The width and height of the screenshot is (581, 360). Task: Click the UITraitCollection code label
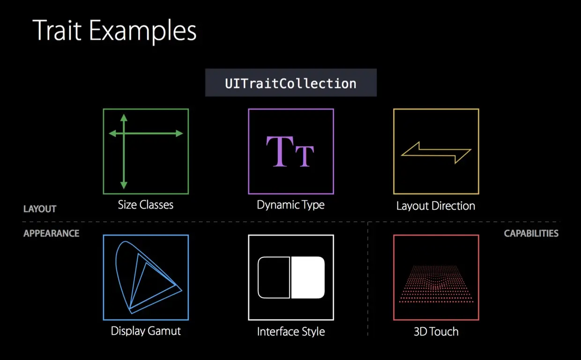tap(291, 83)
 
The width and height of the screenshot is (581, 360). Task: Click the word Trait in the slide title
tap(57, 30)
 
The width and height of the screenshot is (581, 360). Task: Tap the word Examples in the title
tap(142, 32)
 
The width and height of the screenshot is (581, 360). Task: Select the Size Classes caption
tap(146, 205)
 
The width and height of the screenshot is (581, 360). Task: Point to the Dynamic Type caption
tap(291, 205)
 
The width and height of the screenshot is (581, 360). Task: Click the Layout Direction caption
tap(436, 206)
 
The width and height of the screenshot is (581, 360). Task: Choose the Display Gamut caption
tap(146, 331)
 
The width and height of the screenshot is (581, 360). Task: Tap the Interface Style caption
tap(291, 332)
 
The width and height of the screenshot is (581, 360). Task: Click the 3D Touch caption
tap(436, 332)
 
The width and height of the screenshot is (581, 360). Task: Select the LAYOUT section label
tap(40, 209)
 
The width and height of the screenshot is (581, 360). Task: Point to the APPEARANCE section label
tap(52, 233)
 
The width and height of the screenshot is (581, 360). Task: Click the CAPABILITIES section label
tap(531, 233)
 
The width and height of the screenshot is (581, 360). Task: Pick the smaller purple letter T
tap(305, 156)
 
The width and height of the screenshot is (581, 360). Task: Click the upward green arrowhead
tap(124, 118)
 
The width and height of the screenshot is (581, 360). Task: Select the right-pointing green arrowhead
tap(179, 134)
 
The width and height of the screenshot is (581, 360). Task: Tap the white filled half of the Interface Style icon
tap(308, 277)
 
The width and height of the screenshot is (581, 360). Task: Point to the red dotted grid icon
tap(436, 284)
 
